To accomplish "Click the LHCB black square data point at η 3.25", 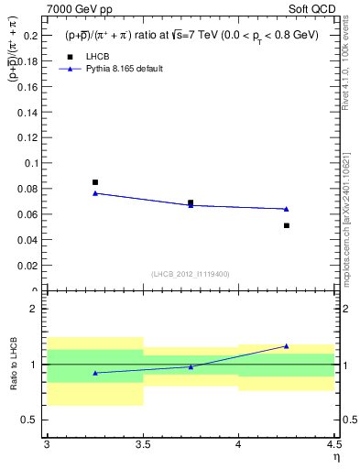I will pyautogui.click(x=95, y=182).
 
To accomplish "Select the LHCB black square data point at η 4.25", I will pyautogui.click(x=287, y=225).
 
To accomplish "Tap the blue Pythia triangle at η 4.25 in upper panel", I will pyautogui.click(x=287, y=209).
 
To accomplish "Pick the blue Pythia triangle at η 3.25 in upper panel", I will pyautogui.click(x=95, y=193).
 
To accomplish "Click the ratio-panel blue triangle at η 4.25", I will pyautogui.click(x=287, y=346).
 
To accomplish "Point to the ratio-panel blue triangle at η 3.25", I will pyautogui.click(x=95, y=373).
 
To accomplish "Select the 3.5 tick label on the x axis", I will pyautogui.click(x=142, y=444).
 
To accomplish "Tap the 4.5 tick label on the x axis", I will pyautogui.click(x=333, y=444).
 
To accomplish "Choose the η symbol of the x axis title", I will pyautogui.click(x=335, y=456).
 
